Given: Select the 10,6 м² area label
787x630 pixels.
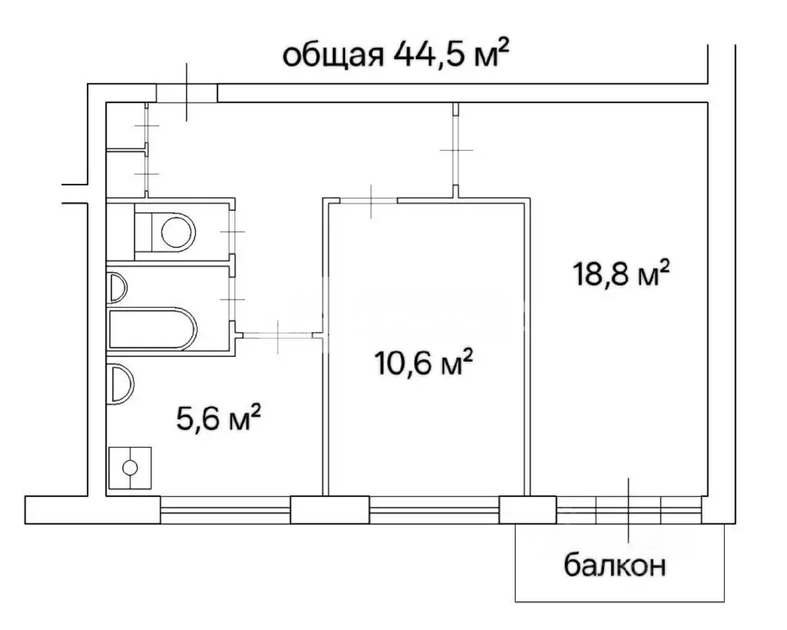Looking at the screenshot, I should (421, 362).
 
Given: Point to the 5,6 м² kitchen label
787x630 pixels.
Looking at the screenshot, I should (219, 421).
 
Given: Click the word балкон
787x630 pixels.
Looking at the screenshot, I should (614, 565).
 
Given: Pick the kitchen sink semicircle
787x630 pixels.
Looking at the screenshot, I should (120, 382).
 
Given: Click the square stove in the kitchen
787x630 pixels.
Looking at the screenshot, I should (130, 468).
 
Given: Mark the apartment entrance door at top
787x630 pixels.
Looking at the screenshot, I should (187, 93).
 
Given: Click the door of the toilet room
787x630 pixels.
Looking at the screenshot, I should (233, 232).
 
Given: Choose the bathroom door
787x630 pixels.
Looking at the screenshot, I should (234, 301).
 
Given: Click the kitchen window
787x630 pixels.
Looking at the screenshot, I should (225, 509).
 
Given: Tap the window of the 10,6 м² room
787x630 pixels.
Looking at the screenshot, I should (434, 509).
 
